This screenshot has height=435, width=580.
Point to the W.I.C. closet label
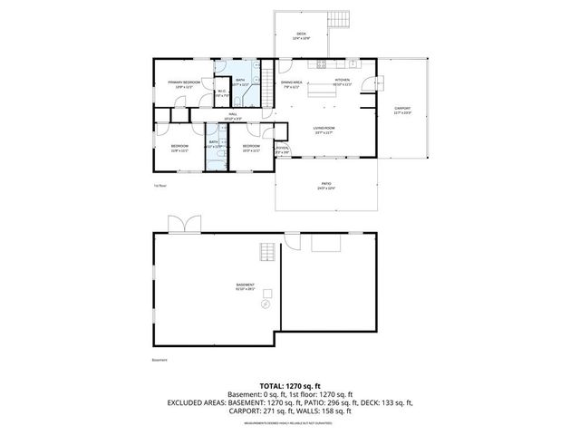(221, 92)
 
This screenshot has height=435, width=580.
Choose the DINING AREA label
(291, 83)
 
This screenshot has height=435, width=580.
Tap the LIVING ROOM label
(324, 130)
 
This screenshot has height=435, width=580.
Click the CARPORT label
(402, 110)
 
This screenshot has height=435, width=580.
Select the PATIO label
(324, 186)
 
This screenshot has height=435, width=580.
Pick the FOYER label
(282, 150)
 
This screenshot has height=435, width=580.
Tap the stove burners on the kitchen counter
(319, 63)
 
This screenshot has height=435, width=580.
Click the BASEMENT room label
(245, 287)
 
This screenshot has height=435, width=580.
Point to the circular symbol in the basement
(266, 305)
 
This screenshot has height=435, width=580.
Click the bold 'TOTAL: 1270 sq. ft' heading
(290, 385)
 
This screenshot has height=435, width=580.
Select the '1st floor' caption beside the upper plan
(159, 184)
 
